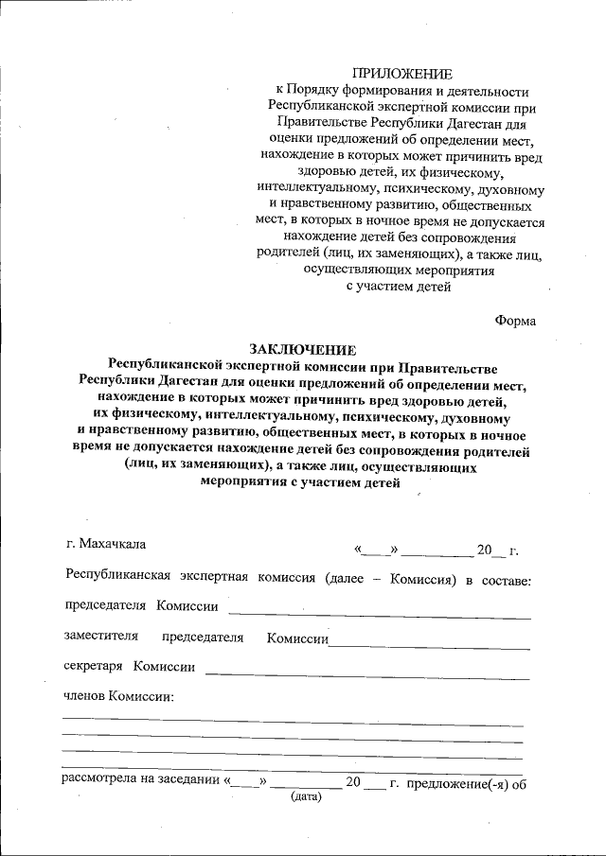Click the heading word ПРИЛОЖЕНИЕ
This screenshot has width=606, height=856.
tap(401, 74)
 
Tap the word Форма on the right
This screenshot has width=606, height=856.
tap(515, 321)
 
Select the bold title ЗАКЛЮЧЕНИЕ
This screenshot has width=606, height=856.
tap(303, 350)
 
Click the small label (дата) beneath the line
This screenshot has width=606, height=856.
tap(306, 797)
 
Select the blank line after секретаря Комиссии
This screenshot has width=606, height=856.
tap(367, 676)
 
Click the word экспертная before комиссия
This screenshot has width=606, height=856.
tap(213, 578)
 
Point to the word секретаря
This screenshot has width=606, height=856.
tap(93, 667)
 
